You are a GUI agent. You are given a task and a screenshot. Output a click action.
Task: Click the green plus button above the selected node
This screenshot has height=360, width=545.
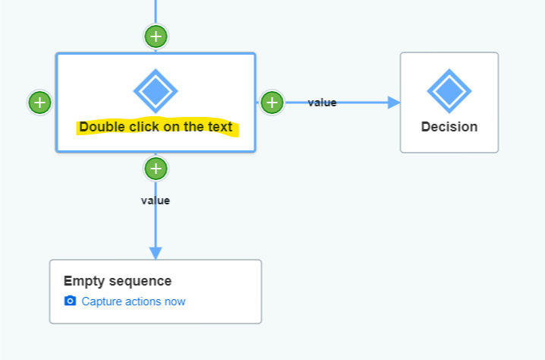[156, 36]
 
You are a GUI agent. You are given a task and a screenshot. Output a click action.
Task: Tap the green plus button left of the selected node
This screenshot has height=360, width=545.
[39, 102]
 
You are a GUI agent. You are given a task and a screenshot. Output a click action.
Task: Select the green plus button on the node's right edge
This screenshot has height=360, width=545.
[272, 102]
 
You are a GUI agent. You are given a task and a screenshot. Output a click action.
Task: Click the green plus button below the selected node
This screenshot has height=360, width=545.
[156, 168]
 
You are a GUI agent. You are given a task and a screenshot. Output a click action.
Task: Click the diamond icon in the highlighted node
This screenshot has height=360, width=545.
[156, 91]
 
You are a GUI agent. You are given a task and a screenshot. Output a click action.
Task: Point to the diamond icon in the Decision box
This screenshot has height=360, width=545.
[449, 91]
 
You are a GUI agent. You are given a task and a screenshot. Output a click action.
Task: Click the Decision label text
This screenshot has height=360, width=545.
[449, 127]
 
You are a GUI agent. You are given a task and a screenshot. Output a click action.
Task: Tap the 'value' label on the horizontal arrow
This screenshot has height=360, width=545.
[322, 103]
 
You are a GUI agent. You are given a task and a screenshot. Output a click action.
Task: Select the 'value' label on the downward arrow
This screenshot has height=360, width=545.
[156, 201]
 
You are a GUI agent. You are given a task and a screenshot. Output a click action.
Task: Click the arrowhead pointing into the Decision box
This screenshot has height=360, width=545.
[393, 103]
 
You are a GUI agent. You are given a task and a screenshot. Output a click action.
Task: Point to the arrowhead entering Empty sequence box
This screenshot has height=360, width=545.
[156, 252]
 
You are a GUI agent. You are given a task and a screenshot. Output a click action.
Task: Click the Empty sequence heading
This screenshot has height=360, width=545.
[118, 281]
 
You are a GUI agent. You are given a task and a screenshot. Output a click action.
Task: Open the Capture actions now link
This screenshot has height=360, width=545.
[133, 302]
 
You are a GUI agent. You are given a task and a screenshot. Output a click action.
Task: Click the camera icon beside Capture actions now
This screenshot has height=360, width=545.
[71, 302]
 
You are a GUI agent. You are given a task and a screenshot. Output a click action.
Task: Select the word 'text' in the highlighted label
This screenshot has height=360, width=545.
[219, 127]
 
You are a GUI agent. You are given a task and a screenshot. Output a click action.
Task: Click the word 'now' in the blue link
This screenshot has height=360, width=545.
[175, 302]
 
